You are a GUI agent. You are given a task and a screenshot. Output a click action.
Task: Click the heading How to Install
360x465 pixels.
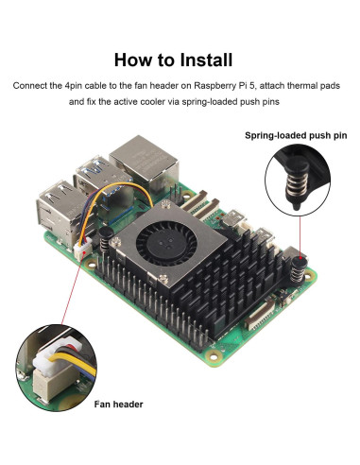point(180,60)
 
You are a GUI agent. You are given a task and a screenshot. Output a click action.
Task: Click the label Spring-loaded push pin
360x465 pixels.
point(296,136)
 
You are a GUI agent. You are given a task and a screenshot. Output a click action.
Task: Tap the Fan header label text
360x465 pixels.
point(118,405)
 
